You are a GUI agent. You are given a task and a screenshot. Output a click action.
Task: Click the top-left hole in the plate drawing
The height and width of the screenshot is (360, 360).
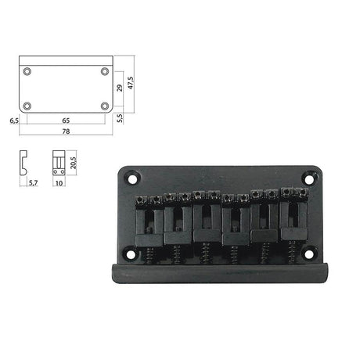28,72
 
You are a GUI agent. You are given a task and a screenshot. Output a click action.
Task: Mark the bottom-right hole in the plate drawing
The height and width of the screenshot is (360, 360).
105,106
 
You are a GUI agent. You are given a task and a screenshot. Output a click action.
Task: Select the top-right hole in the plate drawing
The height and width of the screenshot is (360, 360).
105,72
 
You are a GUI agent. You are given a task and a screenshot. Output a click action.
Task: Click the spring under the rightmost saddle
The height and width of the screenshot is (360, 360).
292,250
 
